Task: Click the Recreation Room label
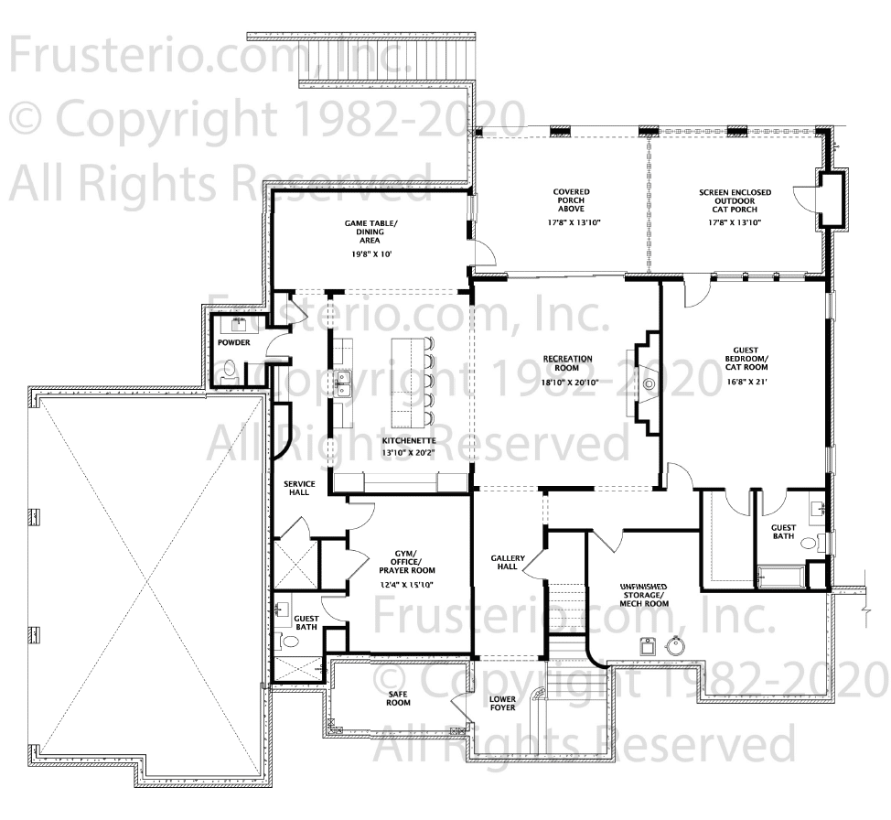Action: (x=567, y=362)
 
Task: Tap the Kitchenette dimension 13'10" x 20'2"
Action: (x=409, y=453)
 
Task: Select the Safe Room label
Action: (x=398, y=698)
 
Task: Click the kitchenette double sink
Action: (x=343, y=383)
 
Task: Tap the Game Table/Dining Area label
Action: (x=370, y=232)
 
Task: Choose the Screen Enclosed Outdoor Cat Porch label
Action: (x=735, y=200)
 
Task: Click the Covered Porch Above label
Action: (x=571, y=200)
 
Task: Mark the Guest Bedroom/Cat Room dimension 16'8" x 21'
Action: (x=746, y=382)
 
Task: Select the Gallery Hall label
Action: (x=508, y=563)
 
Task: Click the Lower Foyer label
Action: (x=502, y=704)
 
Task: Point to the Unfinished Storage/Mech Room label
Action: (x=644, y=595)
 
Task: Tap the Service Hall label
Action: (x=299, y=488)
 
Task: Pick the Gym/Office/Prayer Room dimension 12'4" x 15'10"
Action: (x=407, y=585)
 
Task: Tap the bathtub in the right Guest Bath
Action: (x=781, y=576)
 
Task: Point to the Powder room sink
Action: (x=239, y=325)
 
